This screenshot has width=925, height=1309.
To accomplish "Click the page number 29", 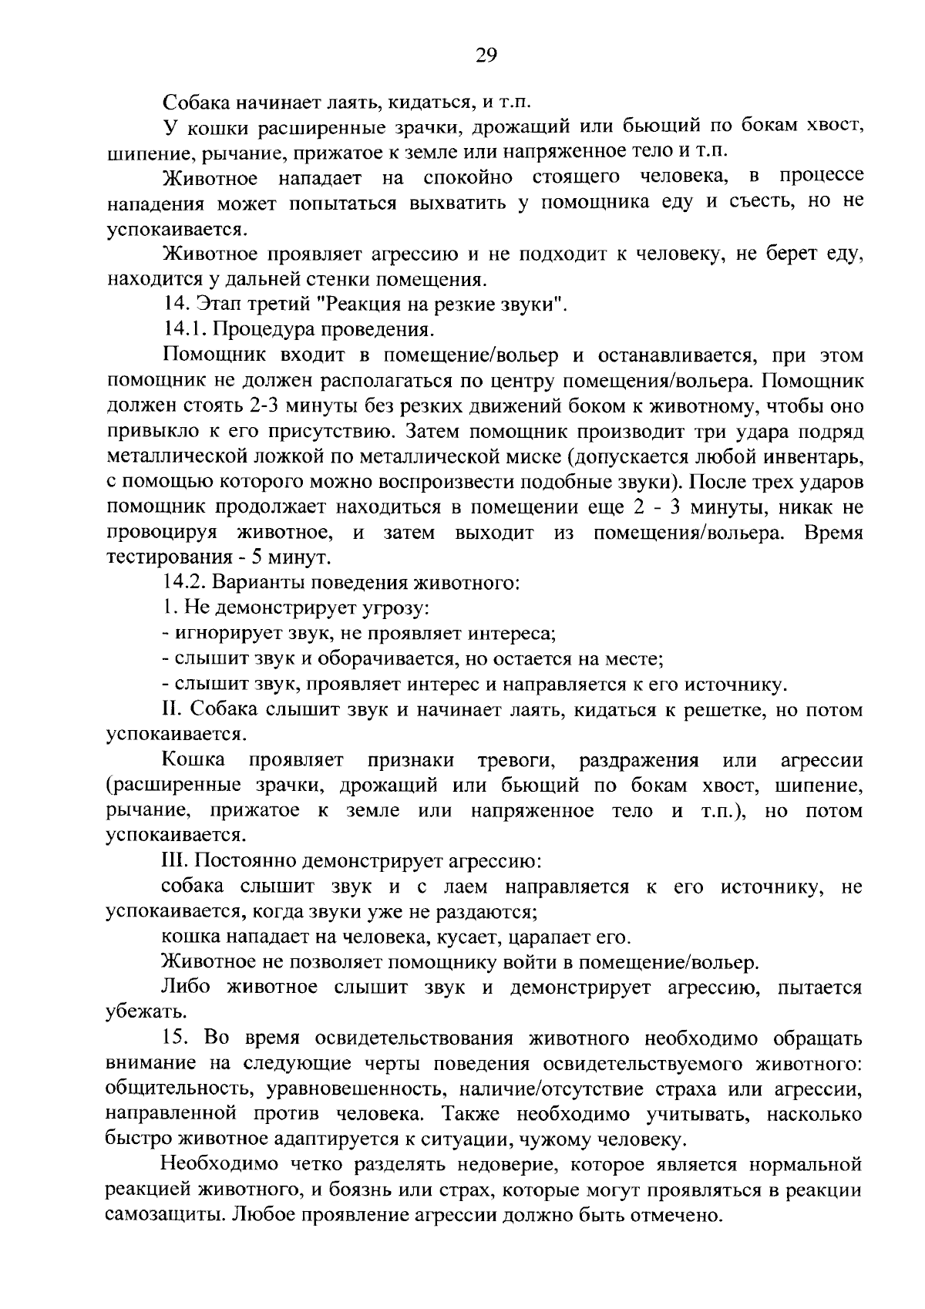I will pos(486,56).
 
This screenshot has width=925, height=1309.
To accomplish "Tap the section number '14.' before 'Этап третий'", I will pos(173,305).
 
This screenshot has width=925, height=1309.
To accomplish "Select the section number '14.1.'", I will pos(183,330).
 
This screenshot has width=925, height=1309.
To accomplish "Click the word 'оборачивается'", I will pos(386,659).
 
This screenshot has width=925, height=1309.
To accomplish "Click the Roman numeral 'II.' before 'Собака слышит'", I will pos(173,710).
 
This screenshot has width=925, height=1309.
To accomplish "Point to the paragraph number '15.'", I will pos(177,1038).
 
